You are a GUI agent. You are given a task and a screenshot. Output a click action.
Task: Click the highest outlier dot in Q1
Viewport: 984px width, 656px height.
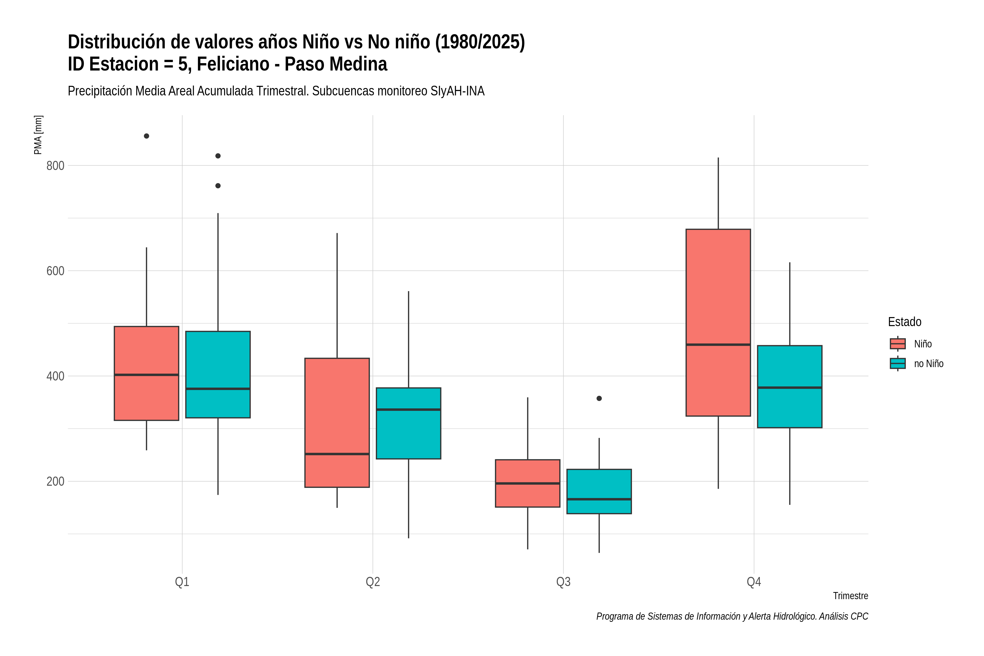tap(147, 136)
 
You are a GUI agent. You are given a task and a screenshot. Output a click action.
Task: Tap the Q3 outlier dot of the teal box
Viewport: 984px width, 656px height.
tap(599, 398)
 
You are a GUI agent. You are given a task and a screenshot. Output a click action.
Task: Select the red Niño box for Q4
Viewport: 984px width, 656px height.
tap(718, 323)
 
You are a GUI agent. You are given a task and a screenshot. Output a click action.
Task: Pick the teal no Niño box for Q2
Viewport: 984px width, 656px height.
tap(408, 423)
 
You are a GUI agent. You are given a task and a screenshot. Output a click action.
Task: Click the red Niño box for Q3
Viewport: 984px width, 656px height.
tap(528, 483)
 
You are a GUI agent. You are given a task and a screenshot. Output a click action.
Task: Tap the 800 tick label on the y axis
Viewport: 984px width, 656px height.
tap(55, 166)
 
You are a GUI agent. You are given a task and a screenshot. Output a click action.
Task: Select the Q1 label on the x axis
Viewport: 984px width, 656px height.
tap(182, 582)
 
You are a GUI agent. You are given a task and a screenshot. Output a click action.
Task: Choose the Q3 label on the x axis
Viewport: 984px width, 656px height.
tap(563, 582)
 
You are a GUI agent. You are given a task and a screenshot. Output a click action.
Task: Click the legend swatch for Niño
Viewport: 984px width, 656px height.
tap(897, 344)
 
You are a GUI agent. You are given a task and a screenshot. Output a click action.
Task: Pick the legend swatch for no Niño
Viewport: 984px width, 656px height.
tap(897, 364)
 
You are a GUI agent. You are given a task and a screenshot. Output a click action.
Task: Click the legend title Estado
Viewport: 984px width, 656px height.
tap(904, 322)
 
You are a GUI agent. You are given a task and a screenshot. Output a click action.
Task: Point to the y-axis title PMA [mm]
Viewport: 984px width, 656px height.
tap(38, 135)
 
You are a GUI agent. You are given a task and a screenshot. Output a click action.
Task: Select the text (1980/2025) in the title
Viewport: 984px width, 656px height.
tap(480, 42)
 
